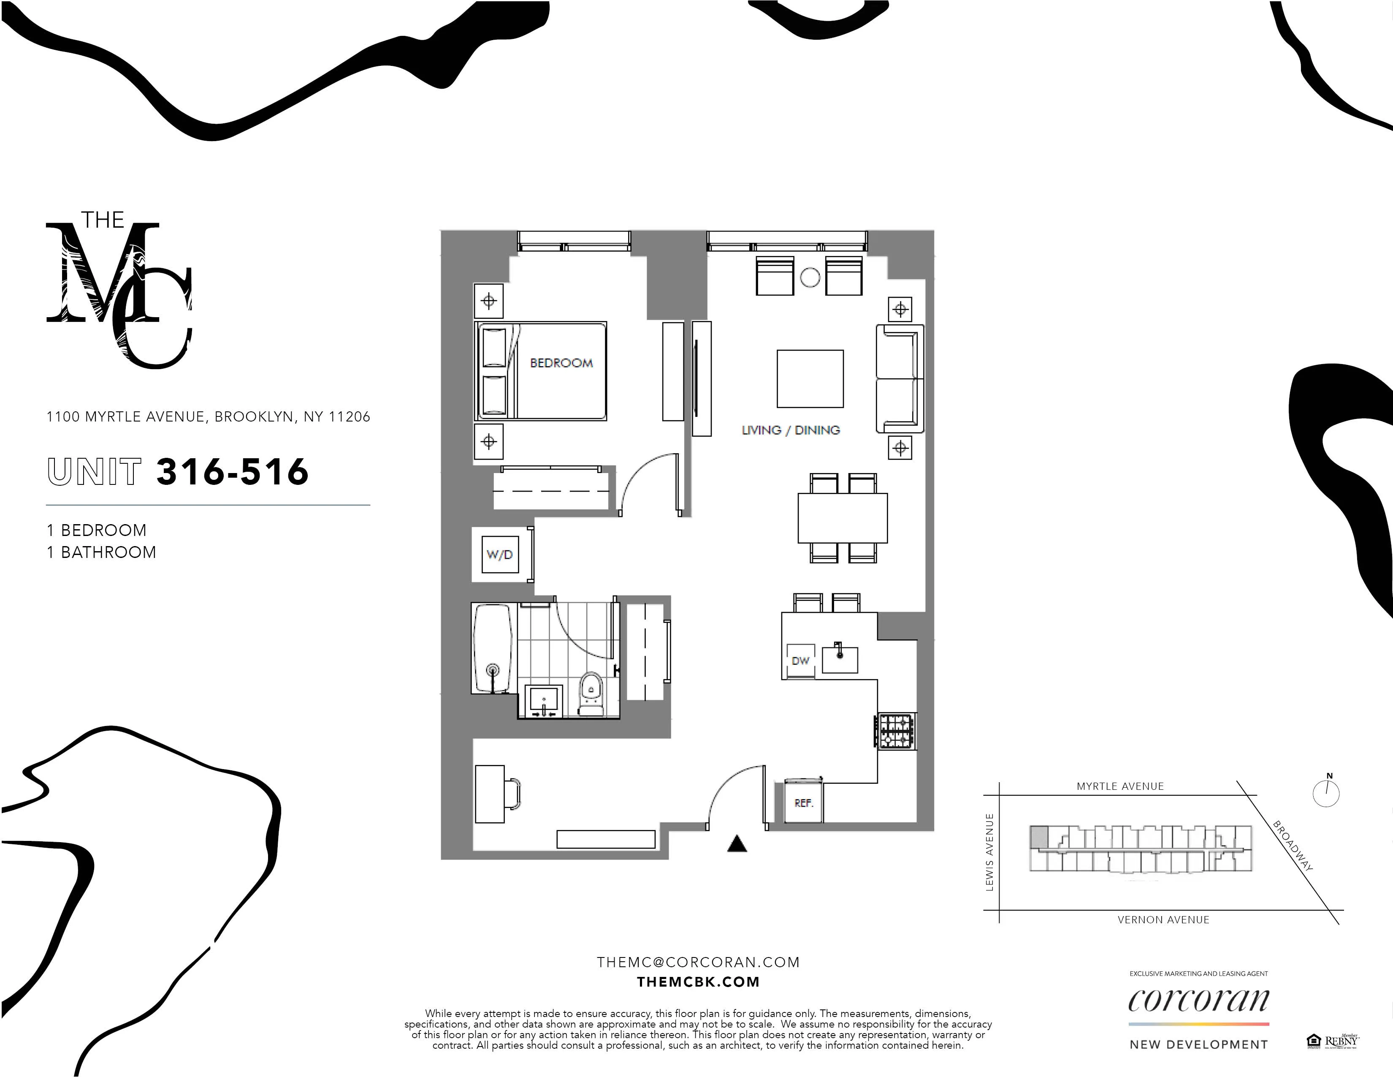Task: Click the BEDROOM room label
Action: point(561,363)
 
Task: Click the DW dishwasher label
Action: point(800,661)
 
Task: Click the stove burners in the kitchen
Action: point(895,731)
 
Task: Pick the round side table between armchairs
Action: point(809,277)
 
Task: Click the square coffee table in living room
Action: point(810,378)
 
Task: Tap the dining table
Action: point(842,517)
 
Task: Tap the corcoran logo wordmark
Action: point(1198,1001)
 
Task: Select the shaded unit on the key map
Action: point(1038,836)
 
